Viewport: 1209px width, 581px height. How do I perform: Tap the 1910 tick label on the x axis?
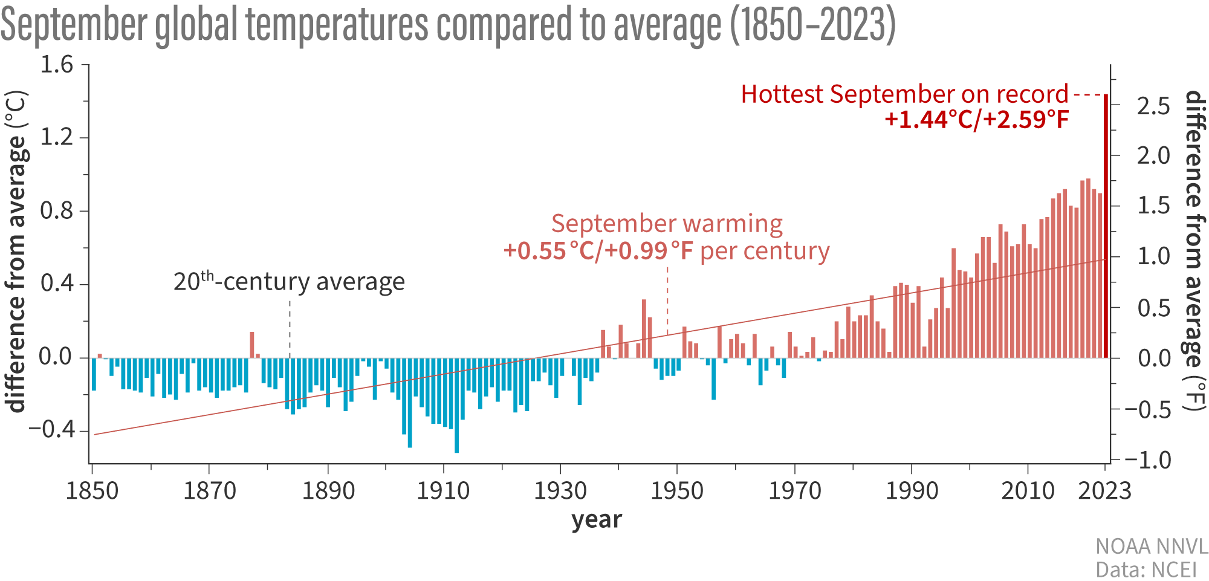coord(443,490)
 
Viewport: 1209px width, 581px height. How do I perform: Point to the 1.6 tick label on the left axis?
coord(56,65)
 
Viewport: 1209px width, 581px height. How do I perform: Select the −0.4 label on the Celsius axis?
coord(52,430)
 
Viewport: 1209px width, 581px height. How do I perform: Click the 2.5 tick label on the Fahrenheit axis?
coord(1153,106)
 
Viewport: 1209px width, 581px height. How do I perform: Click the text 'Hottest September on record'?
coord(904,94)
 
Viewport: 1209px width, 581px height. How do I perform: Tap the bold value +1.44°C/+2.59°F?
coord(976,120)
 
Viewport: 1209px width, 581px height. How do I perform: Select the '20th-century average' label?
coord(289,282)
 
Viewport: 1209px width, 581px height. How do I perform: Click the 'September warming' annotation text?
coord(667,224)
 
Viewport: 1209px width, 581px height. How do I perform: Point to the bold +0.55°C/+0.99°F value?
coord(598,250)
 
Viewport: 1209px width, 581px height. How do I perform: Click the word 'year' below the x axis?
coord(597,519)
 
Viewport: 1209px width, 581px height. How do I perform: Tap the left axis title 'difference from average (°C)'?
coord(17,252)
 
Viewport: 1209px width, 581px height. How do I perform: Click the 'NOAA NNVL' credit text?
coord(1152,547)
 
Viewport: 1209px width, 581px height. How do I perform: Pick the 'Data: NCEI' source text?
coord(1146,570)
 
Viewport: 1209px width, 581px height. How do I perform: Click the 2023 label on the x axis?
coord(1104,490)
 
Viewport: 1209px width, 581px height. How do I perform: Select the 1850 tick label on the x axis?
coord(92,490)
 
